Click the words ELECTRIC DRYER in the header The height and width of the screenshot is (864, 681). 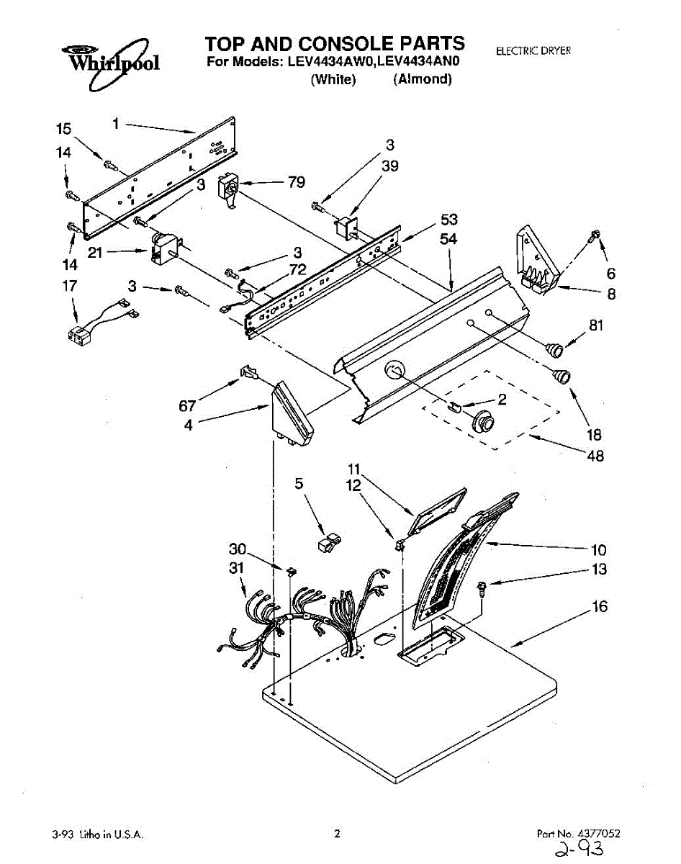(533, 51)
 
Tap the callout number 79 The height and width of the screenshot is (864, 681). (297, 182)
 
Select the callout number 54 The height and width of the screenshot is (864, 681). (448, 239)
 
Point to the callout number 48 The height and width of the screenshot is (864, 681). (595, 456)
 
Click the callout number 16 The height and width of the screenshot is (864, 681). (599, 607)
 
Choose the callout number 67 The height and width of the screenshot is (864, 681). (187, 405)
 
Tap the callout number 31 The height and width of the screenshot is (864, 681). (236, 568)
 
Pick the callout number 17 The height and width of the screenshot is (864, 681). (69, 286)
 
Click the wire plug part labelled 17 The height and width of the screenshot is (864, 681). (79, 333)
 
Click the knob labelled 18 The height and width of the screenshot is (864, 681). (561, 374)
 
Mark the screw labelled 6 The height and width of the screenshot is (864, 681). (595, 235)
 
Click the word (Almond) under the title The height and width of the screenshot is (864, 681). (423, 80)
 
